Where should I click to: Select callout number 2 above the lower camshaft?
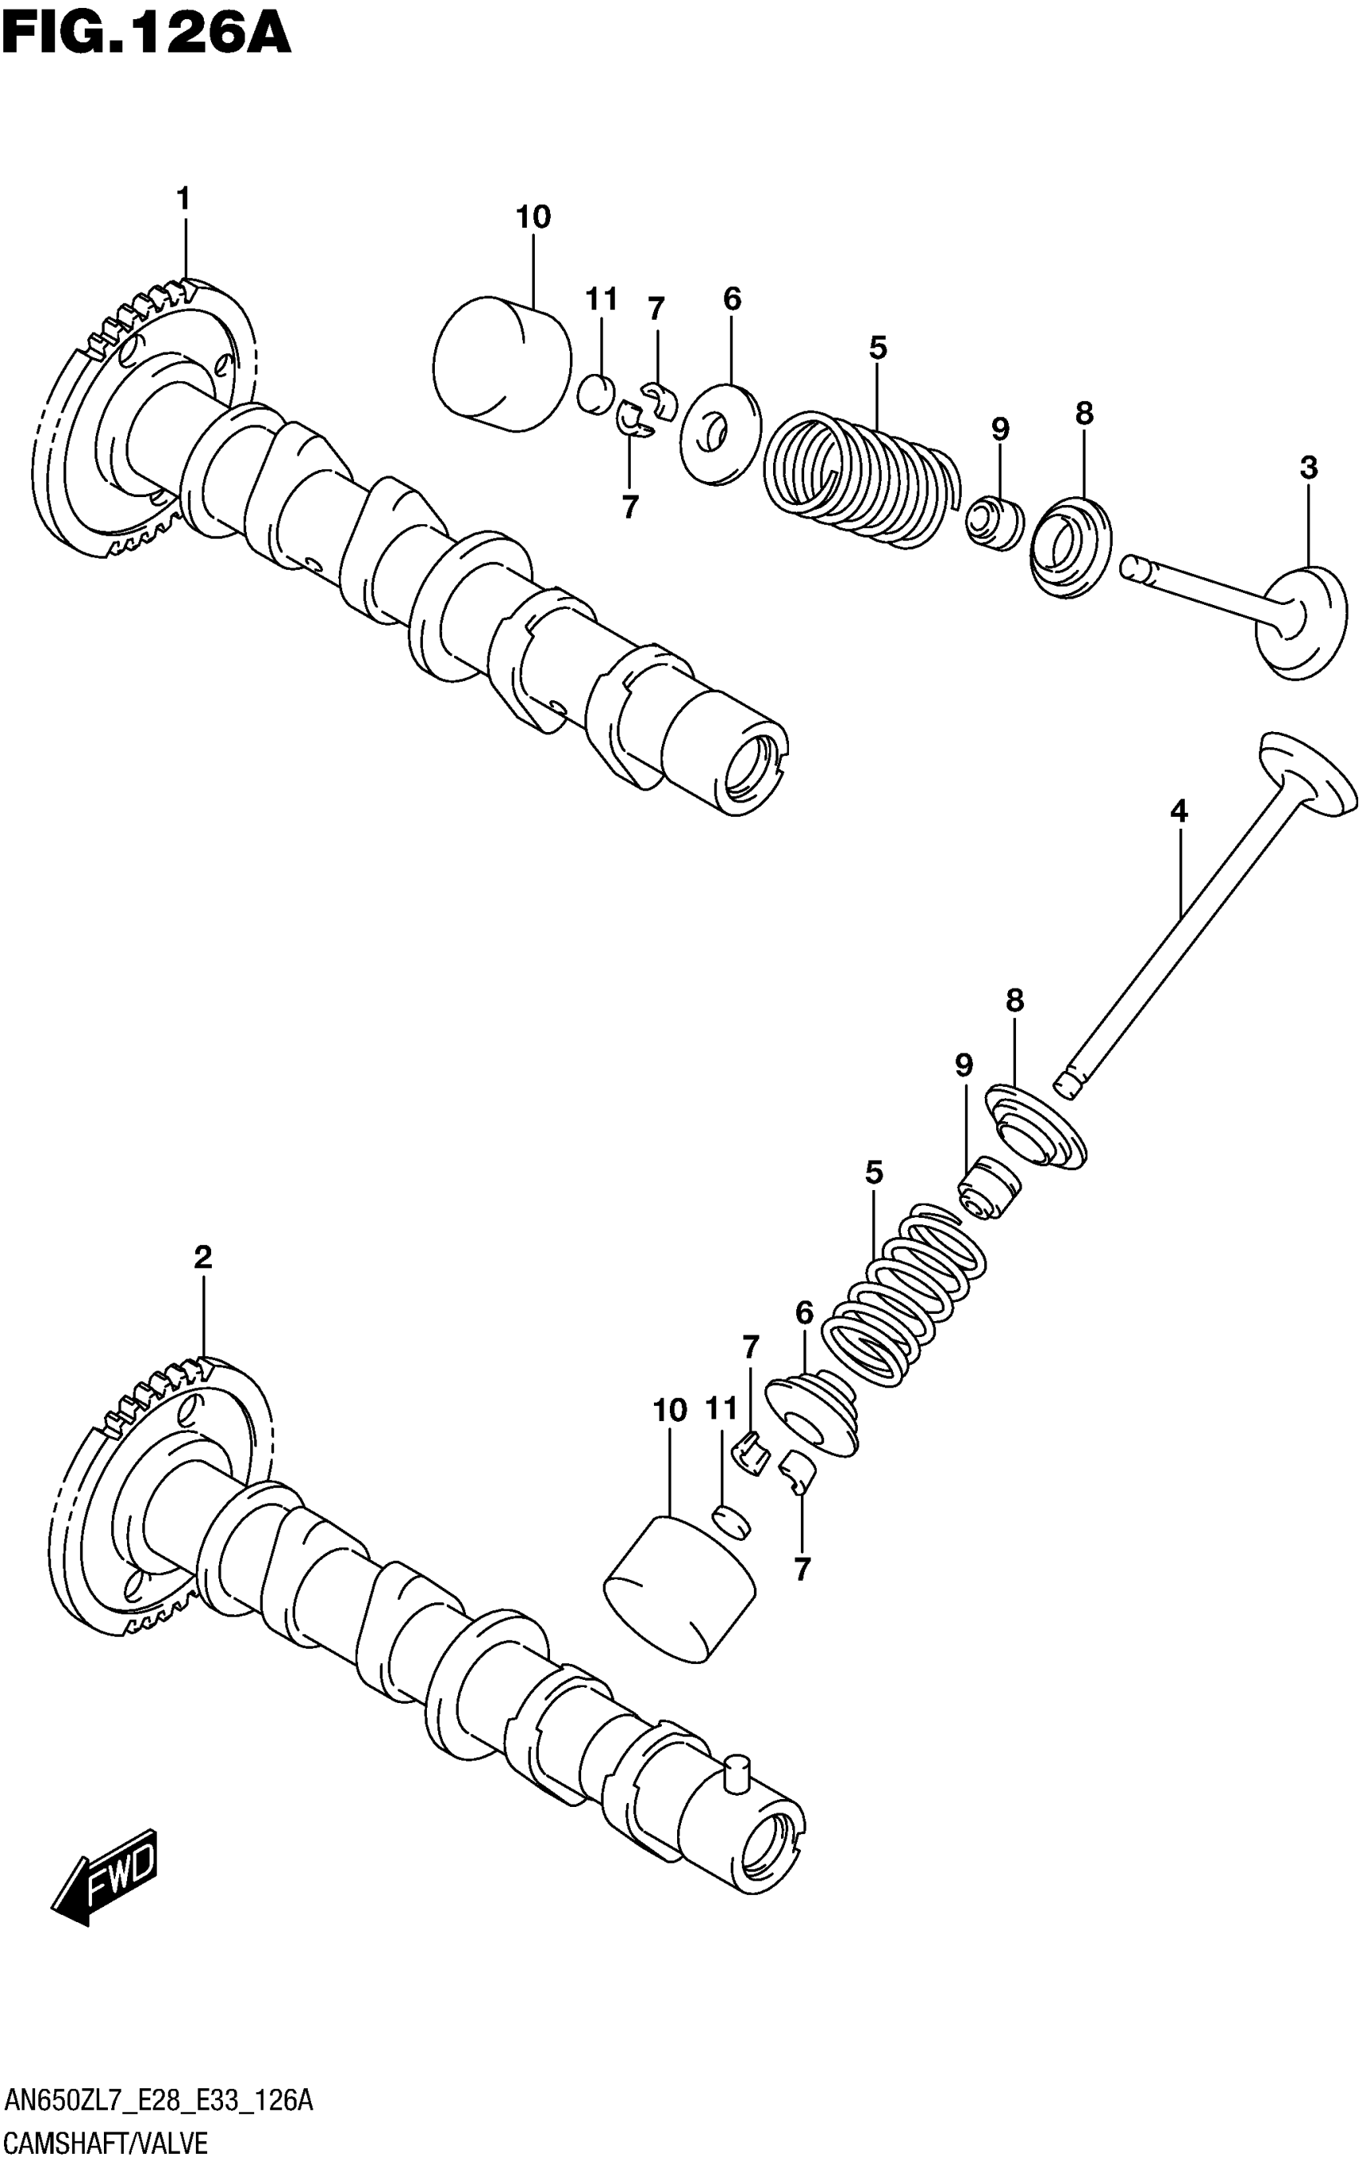tap(203, 1258)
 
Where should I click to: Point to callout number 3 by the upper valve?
tap(1309, 468)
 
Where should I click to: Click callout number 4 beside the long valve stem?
tap(1178, 812)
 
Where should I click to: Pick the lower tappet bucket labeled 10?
tap(680, 1588)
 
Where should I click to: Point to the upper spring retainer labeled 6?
tap(721, 434)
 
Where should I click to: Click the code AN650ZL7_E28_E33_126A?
tap(158, 2101)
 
